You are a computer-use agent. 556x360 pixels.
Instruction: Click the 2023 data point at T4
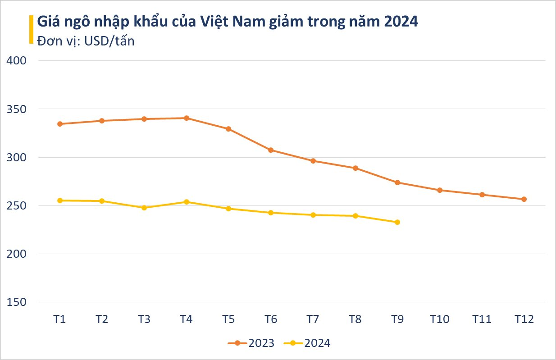(186, 118)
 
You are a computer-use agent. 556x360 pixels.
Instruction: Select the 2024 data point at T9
(397, 222)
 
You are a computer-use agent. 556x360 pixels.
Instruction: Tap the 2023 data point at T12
(524, 199)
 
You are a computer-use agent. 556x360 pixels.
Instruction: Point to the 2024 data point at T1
(59, 201)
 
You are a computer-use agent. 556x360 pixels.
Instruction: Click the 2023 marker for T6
(270, 150)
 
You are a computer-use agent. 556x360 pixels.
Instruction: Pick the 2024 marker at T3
(144, 208)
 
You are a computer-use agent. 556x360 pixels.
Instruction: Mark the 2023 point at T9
(397, 182)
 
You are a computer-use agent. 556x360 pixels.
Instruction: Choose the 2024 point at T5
(228, 209)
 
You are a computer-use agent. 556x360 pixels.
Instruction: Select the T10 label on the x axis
(439, 319)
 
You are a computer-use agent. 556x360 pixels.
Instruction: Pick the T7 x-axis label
(313, 319)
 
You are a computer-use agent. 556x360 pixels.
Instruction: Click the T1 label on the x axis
(59, 319)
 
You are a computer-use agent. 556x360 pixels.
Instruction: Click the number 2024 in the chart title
(401, 22)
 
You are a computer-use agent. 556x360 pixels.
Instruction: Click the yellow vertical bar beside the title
(31, 29)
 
